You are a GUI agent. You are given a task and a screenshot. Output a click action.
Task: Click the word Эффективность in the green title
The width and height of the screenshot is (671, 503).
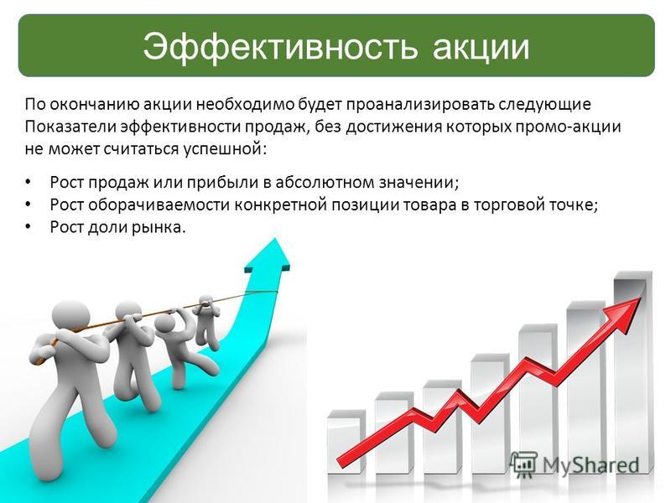click(280, 47)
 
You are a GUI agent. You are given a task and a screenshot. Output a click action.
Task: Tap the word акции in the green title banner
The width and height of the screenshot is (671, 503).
click(481, 48)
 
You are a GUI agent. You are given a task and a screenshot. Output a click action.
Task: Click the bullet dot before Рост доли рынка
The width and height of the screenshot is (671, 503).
click(29, 227)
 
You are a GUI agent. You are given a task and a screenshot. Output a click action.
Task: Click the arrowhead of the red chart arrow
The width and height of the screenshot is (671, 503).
click(625, 311)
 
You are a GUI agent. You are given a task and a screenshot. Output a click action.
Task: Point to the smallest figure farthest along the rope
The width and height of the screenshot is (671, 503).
click(205, 319)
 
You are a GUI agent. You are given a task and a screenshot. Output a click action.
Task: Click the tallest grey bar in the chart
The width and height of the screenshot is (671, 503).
click(632, 371)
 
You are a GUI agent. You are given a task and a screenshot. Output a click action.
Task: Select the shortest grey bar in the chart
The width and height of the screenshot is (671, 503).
click(346, 442)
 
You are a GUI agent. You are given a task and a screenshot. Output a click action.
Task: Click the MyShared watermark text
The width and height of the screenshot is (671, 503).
click(591, 465)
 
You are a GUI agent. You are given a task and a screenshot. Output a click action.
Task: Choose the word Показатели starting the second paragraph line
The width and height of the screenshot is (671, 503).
click(70, 127)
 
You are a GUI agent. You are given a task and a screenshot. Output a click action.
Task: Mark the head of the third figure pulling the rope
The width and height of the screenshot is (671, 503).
click(165, 326)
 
